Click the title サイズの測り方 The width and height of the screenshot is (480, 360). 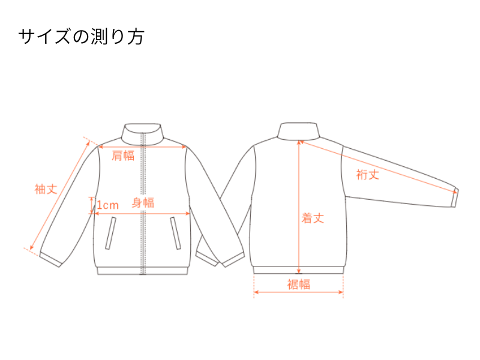pos(81,37)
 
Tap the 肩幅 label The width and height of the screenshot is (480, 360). pos(123,156)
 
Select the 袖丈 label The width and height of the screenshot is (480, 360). pos(46,189)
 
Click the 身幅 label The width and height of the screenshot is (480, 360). pos(143,203)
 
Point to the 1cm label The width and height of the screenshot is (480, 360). pos(108,205)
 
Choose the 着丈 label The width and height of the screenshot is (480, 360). pos(313,218)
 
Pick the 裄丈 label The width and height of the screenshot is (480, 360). pos(368,175)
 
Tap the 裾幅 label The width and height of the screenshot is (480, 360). pos(298,284)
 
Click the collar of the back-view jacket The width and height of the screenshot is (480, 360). pos(298,131)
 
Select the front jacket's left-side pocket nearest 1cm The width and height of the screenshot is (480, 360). pos(111,233)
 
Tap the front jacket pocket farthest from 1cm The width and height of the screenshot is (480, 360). pos(175,233)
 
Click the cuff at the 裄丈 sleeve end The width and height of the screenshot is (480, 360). pos(455,198)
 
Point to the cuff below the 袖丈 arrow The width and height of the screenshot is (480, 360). pos(51,260)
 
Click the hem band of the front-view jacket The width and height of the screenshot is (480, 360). pos(142,271)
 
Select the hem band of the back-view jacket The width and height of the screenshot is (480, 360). pos(298,269)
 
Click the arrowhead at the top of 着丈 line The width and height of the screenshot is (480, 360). pos(299,143)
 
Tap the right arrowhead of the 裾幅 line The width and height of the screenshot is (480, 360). pos(340,292)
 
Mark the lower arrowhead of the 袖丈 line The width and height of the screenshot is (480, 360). pos(32,247)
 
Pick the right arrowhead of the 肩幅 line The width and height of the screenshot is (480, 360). pos(184,147)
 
